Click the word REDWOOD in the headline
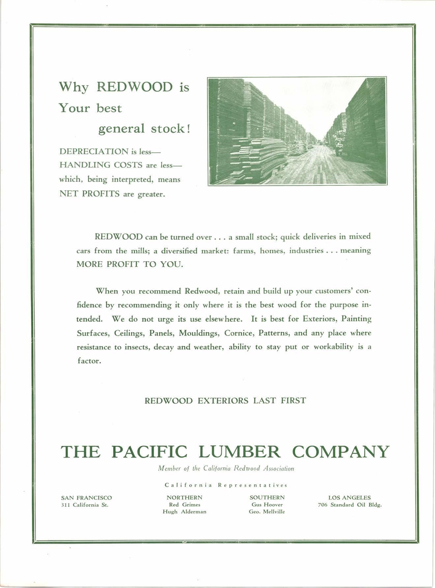click(135, 87)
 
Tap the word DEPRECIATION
click(94, 151)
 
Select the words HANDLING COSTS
click(101, 165)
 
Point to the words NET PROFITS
click(89, 194)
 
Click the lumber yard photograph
click(297, 131)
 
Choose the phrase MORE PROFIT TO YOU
click(129, 264)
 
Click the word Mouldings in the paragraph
click(199, 333)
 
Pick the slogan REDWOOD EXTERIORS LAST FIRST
click(225, 401)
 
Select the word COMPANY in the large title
click(340, 452)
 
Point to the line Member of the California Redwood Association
click(226, 468)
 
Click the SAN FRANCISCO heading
click(86, 497)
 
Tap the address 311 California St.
click(85, 505)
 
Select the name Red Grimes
click(185, 505)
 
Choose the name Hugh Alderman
click(185, 512)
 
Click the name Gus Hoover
click(267, 505)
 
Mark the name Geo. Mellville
click(267, 512)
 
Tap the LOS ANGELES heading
click(349, 497)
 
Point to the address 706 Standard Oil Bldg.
click(350, 505)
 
